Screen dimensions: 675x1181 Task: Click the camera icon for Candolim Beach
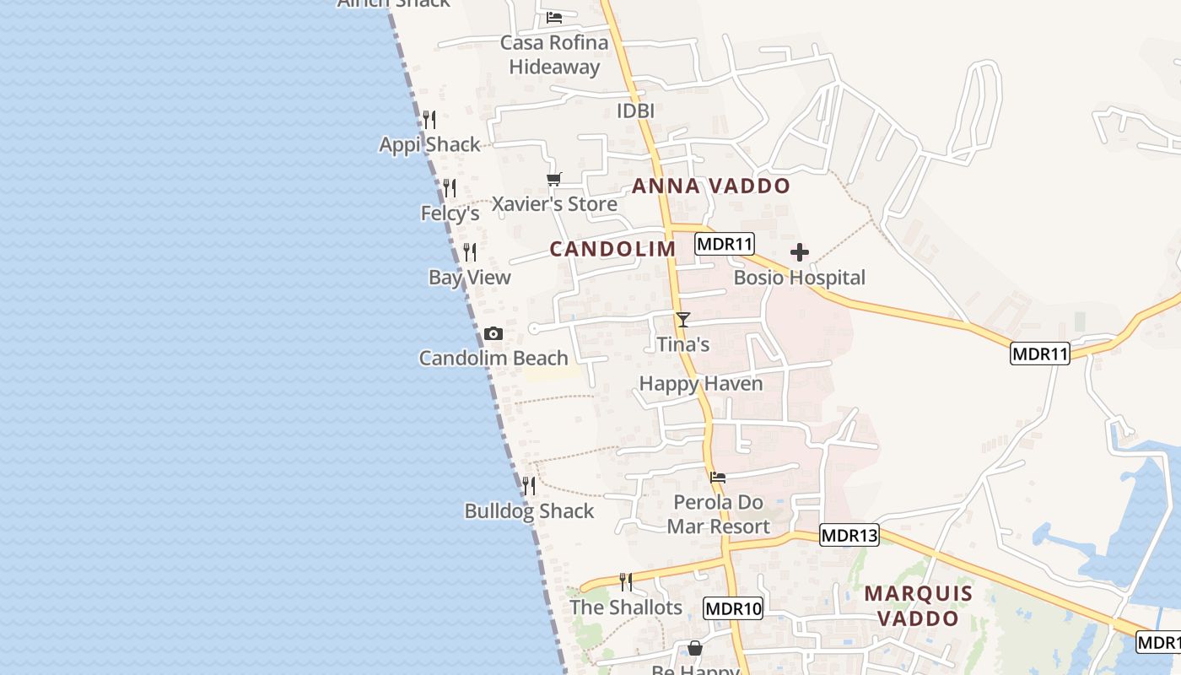pos(493,334)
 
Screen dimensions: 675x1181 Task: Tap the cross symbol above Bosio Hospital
pos(800,252)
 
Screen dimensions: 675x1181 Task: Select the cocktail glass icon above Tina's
pos(683,320)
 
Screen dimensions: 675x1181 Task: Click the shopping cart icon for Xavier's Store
pos(554,179)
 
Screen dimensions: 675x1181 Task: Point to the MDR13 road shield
pos(849,535)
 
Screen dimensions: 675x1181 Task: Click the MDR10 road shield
pos(733,608)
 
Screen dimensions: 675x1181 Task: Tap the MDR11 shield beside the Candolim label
pos(725,245)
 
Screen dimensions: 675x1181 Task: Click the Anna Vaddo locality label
pos(711,186)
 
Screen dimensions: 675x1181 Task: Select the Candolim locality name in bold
pos(613,249)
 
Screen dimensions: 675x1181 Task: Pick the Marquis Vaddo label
pos(919,606)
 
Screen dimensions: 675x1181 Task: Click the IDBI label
pos(636,111)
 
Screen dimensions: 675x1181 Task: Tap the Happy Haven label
pos(701,384)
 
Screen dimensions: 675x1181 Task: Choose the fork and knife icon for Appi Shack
pos(429,120)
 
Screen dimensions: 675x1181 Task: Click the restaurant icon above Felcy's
pos(450,187)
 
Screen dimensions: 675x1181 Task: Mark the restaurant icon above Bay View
pos(470,251)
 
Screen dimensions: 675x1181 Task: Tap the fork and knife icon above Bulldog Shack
pos(529,486)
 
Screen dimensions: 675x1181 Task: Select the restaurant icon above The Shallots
pos(626,582)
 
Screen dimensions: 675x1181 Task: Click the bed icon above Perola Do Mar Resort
pos(718,478)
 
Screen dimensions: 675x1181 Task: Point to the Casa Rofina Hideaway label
pos(554,55)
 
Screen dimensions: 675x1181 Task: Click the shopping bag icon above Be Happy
pos(695,648)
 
